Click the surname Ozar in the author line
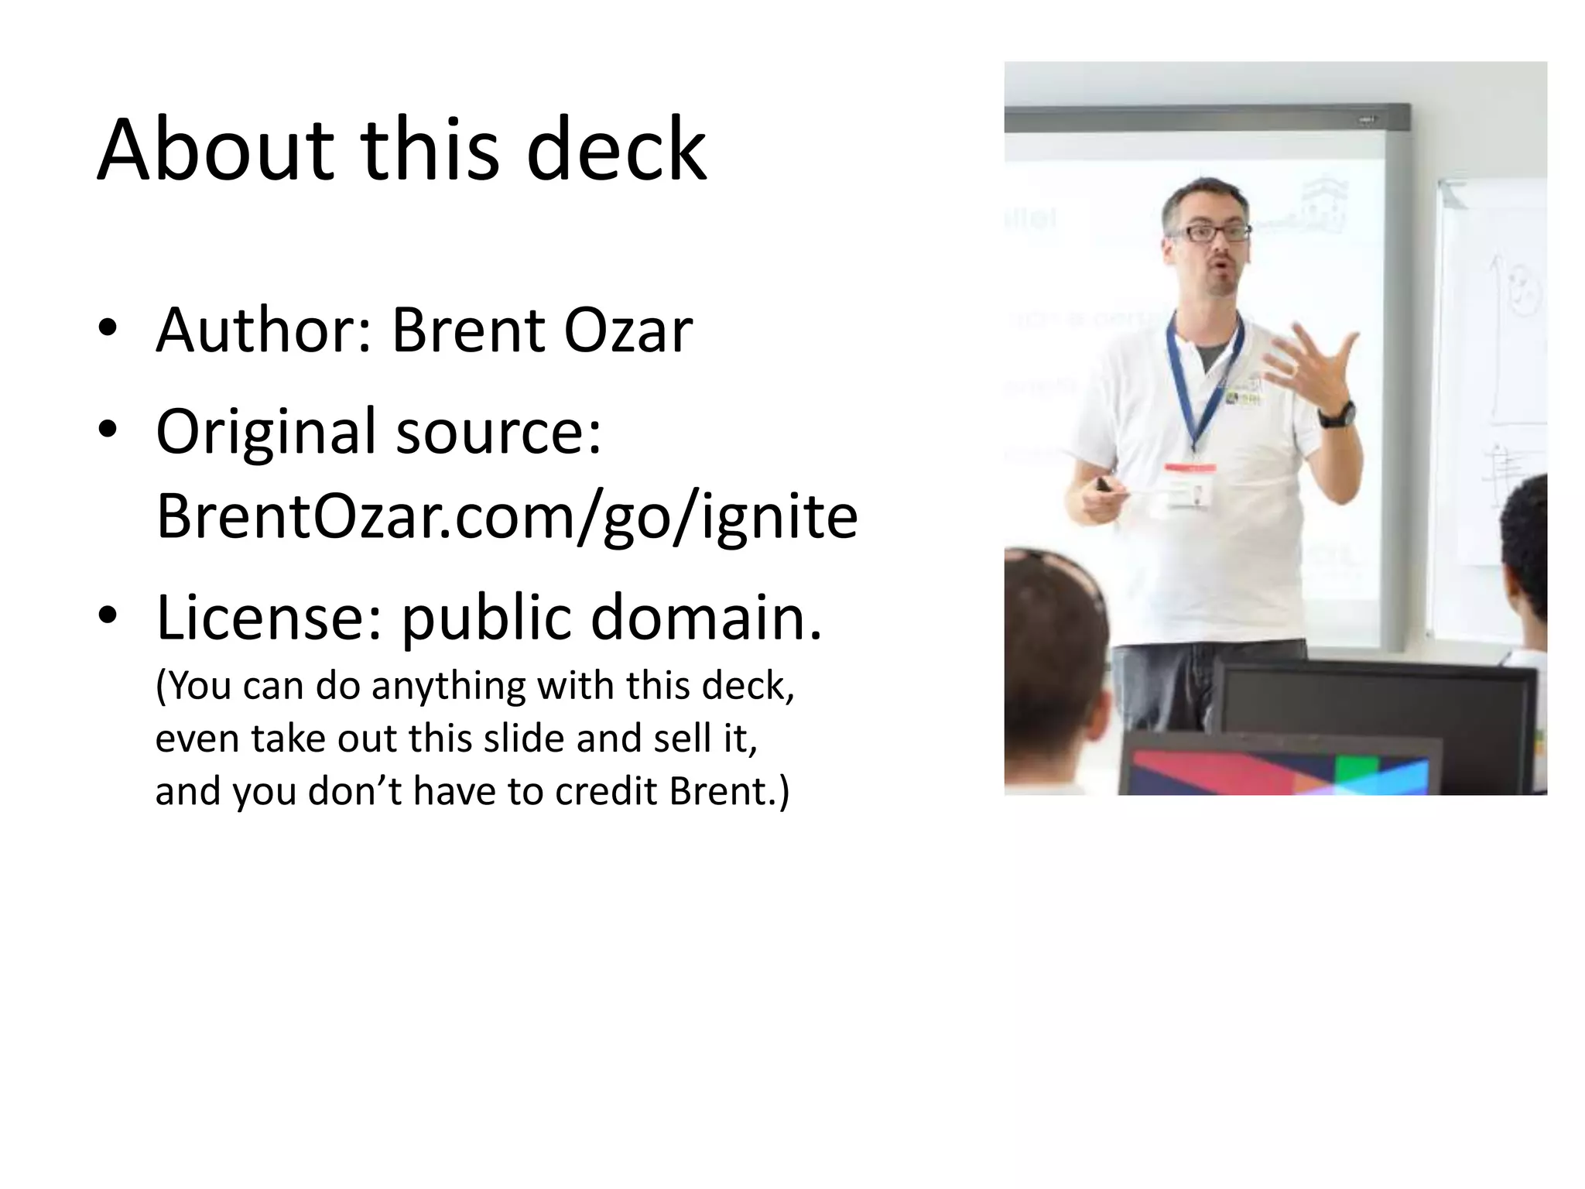(628, 331)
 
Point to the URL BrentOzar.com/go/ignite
(507, 517)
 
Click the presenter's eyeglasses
(1210, 232)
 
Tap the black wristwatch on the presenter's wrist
(1337, 415)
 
